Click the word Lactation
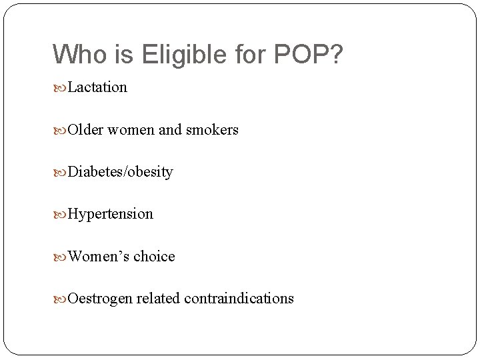(x=97, y=87)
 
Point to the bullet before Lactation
(x=61, y=88)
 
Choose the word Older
(x=85, y=129)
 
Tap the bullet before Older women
(x=61, y=130)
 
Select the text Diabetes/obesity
(x=120, y=172)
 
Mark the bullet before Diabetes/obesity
(x=61, y=172)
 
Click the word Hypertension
(x=110, y=214)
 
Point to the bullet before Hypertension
(x=61, y=214)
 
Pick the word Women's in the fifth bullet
(x=98, y=256)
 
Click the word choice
(x=154, y=256)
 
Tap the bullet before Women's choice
(x=61, y=256)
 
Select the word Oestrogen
(x=100, y=298)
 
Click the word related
(x=158, y=298)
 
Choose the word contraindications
(x=239, y=298)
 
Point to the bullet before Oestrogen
(x=61, y=298)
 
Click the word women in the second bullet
(x=130, y=130)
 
